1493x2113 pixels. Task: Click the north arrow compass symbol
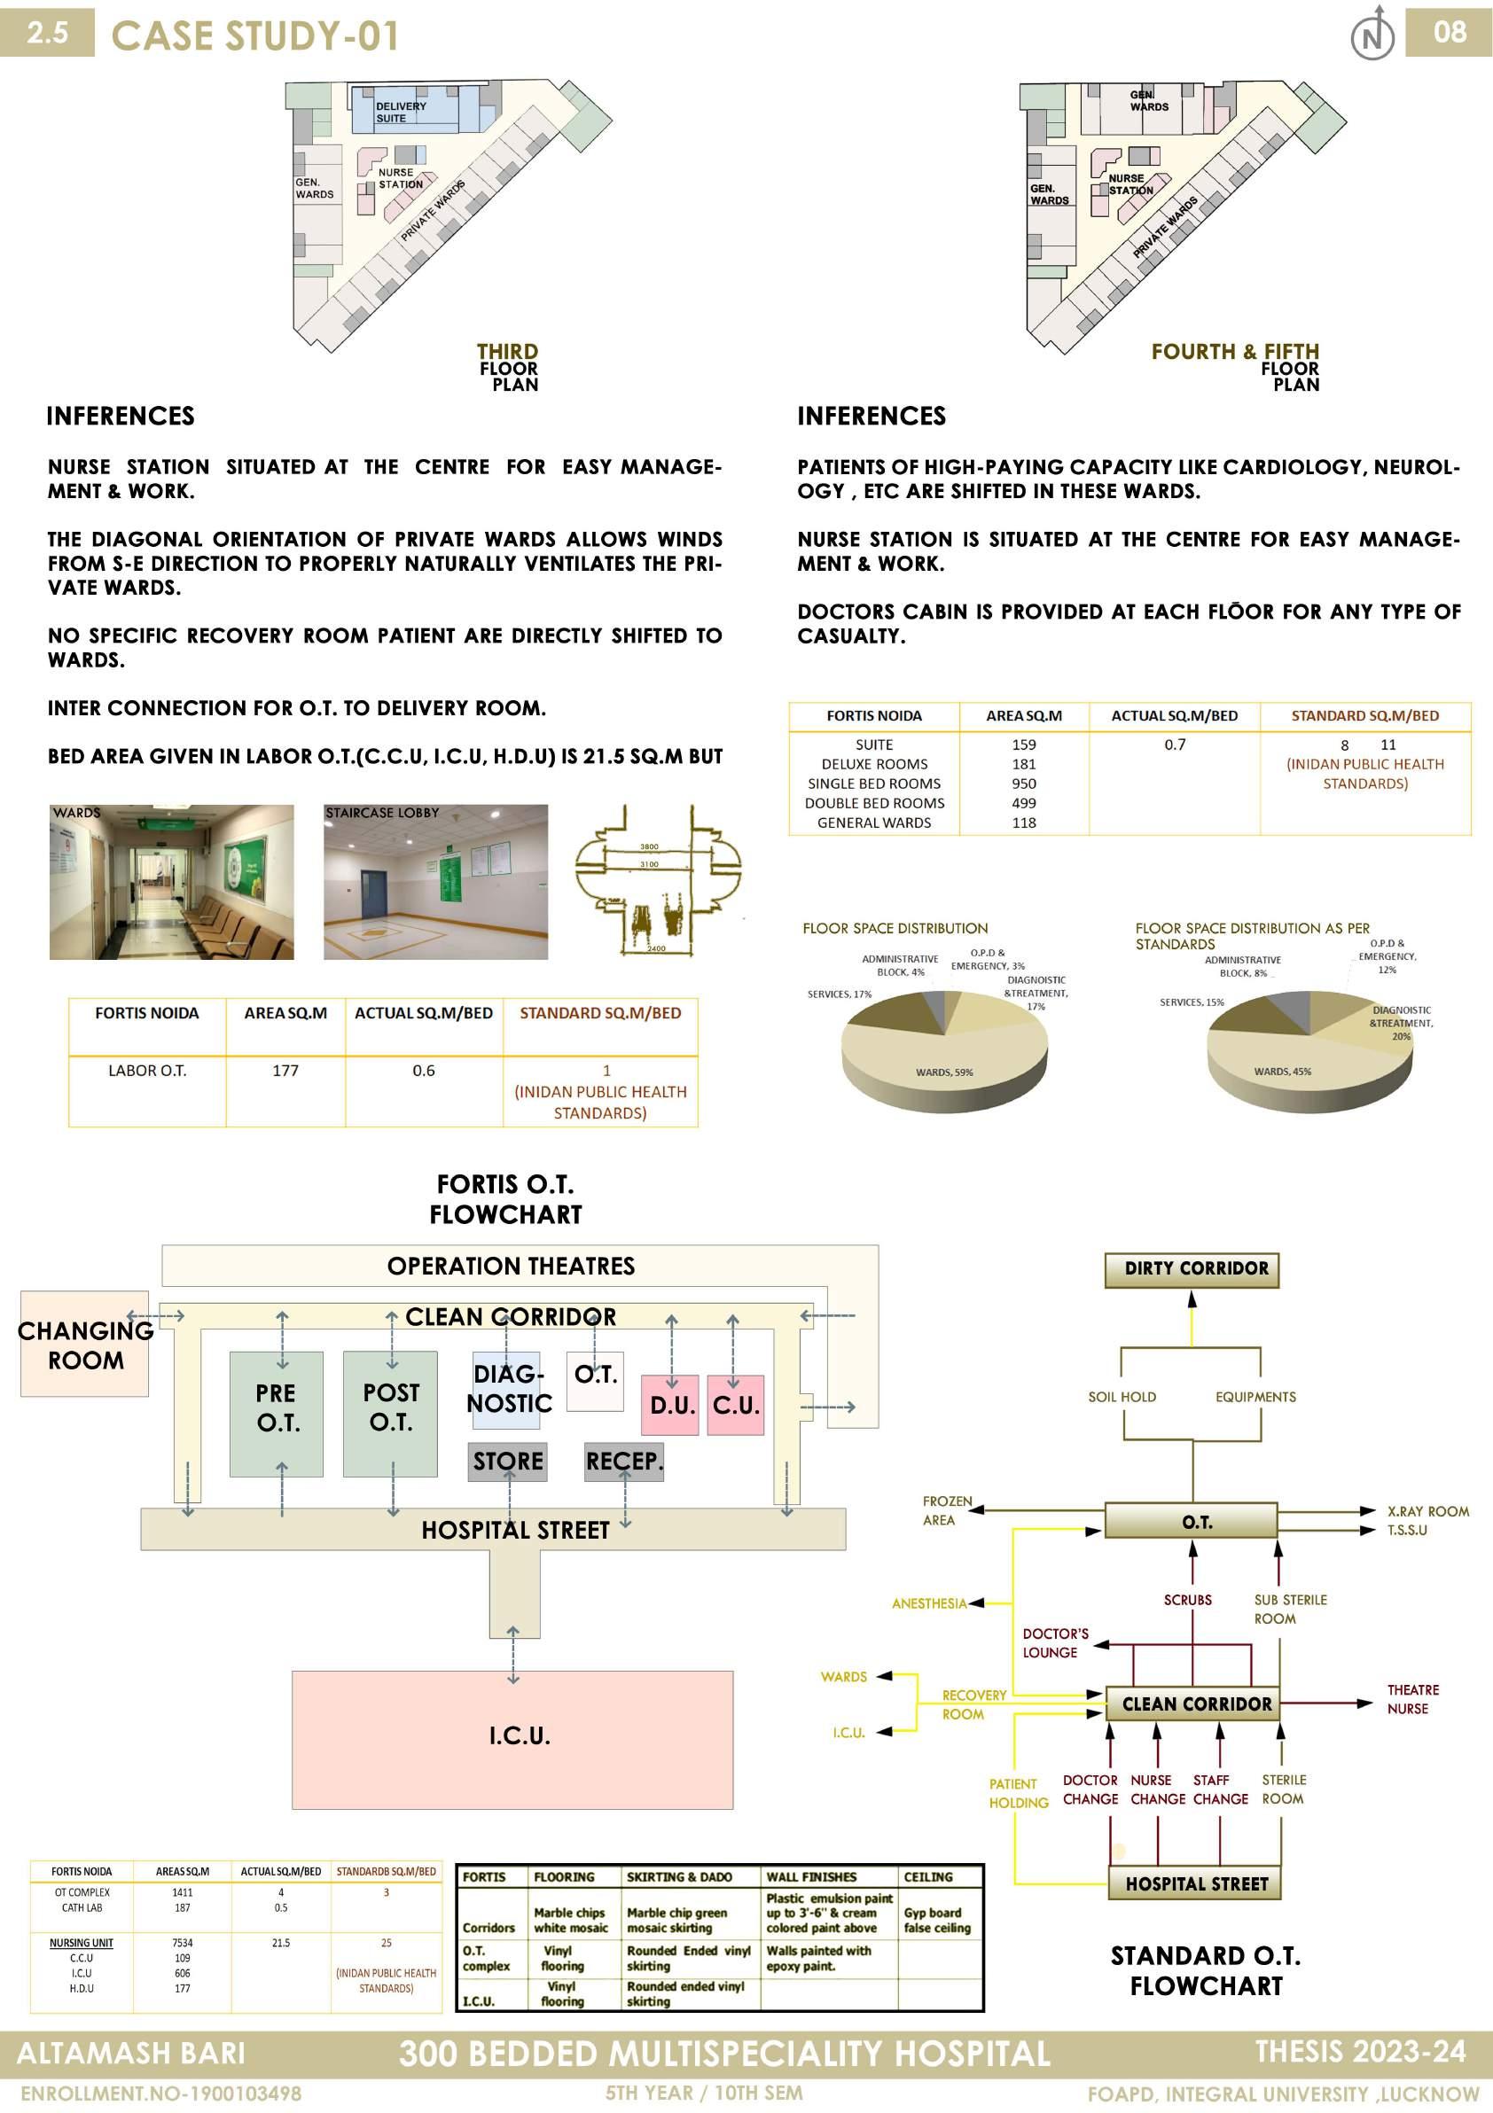[x=1372, y=34]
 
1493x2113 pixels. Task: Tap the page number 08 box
[x=1448, y=33]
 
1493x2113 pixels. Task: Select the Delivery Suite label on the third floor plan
[x=401, y=113]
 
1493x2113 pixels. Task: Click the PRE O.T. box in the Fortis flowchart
[x=276, y=1414]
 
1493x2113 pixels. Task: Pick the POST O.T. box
[x=390, y=1414]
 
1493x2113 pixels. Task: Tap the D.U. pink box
[x=670, y=1406]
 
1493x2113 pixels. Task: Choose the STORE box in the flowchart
[x=508, y=1462]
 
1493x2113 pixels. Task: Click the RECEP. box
[x=624, y=1462]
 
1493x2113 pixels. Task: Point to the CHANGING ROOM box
[x=85, y=1345]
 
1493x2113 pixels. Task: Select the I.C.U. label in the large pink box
[x=520, y=1735]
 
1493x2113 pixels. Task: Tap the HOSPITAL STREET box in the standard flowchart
[x=1195, y=1883]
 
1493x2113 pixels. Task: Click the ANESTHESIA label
[x=929, y=1603]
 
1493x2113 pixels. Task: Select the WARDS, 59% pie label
[x=943, y=1072]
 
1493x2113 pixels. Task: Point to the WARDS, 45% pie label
[x=1282, y=1072]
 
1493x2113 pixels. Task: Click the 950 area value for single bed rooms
[x=1024, y=784]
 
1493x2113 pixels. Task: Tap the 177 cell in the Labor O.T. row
[x=285, y=1071]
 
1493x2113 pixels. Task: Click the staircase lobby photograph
[x=435, y=882]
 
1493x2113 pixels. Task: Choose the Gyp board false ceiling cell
[x=937, y=1920]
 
